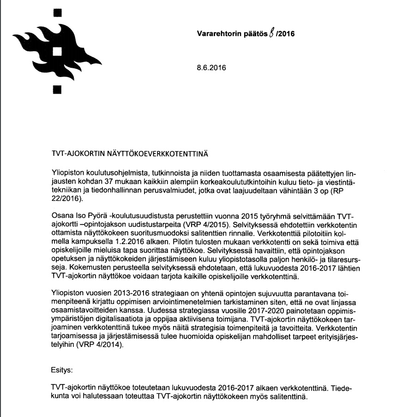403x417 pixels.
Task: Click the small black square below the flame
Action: click(x=57, y=90)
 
